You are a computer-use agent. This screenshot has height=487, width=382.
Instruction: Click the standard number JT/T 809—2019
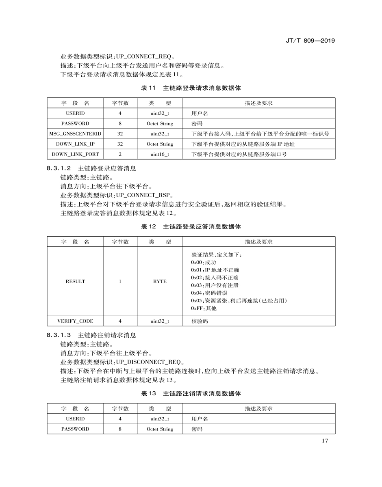pos(310,41)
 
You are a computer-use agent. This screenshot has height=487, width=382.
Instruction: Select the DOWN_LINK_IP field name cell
pos(75,144)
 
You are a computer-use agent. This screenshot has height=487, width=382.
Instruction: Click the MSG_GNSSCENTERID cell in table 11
pos(75,134)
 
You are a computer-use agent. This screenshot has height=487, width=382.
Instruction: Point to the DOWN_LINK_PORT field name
pos(75,154)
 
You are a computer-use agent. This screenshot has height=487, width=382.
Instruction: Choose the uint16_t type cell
pos(160,154)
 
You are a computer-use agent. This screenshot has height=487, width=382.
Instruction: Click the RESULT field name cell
pos(75,281)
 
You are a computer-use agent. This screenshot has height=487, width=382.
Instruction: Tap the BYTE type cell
pos(160,281)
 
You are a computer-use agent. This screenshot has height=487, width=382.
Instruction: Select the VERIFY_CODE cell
pos(75,321)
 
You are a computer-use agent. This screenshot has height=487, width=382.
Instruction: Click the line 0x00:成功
pos(204,262)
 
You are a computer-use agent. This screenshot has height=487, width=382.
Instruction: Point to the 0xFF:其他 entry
pos(204,308)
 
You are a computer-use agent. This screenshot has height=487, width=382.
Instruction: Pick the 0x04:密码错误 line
pos(209,293)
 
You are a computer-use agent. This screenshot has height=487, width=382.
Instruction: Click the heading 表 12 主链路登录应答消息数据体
pos(191,226)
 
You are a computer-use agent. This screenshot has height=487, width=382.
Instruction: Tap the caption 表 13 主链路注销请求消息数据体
pos(191,393)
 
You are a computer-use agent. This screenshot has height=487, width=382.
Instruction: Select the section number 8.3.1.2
pos(59,168)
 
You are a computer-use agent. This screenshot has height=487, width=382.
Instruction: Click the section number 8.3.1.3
pos(59,335)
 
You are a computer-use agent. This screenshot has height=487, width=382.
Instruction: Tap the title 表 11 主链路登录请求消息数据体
pos(191,88)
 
